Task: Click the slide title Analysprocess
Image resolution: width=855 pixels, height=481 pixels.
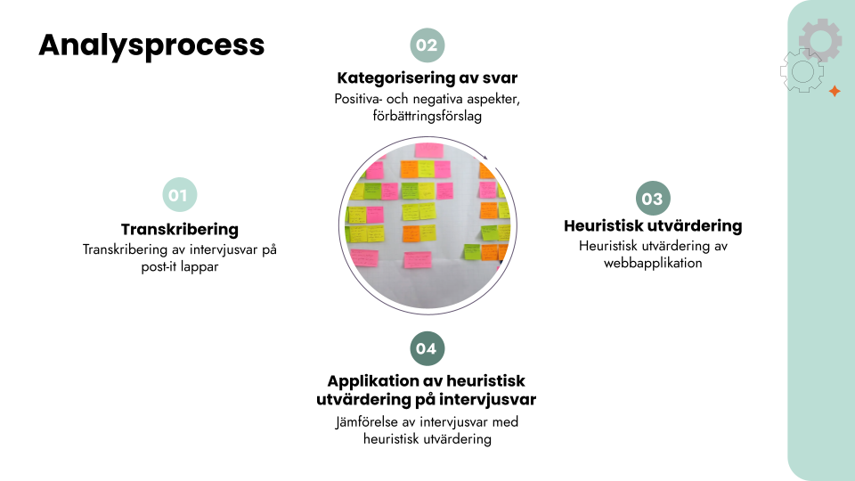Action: click(x=151, y=45)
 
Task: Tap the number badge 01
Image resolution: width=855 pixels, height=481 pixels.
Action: click(x=180, y=196)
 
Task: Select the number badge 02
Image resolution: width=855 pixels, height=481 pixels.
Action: click(x=427, y=45)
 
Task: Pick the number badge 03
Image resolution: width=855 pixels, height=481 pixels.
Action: click(x=653, y=199)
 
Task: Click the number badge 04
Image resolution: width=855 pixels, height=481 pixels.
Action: click(x=427, y=348)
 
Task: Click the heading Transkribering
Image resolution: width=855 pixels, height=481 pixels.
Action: click(x=180, y=229)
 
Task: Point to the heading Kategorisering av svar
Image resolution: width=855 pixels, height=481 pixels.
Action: click(x=427, y=77)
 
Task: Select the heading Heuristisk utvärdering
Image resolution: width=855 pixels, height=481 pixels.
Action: click(x=653, y=226)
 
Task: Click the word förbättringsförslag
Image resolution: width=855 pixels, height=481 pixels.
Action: click(x=427, y=116)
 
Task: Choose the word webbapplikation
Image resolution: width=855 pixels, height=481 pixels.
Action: click(x=653, y=263)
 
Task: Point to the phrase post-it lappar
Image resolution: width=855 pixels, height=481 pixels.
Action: click(x=180, y=266)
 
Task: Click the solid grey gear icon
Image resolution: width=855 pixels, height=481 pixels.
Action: click(x=820, y=40)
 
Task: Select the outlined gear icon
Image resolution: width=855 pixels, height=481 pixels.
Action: click(x=802, y=71)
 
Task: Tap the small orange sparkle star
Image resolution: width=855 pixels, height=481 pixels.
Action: click(x=835, y=91)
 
